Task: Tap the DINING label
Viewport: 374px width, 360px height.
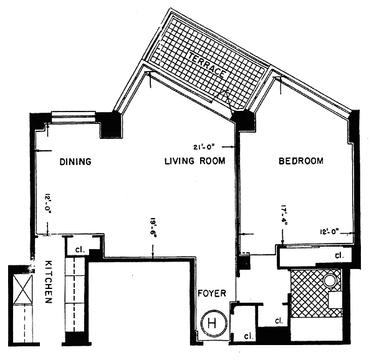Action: (x=75, y=161)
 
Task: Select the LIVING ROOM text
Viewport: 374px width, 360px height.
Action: (x=194, y=161)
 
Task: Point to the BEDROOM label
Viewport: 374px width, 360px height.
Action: (x=301, y=161)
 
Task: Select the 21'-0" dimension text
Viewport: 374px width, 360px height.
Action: (x=205, y=147)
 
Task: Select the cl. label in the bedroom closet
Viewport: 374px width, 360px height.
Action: (x=339, y=255)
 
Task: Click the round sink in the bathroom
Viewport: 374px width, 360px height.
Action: (x=330, y=281)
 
